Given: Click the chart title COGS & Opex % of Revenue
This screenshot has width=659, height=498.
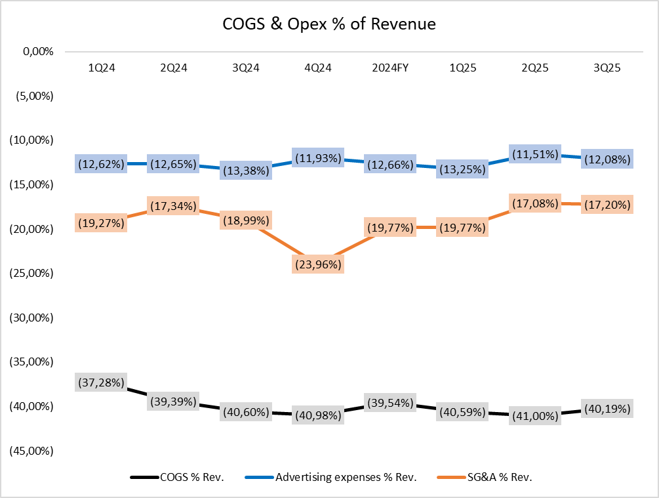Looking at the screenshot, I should [x=329, y=24].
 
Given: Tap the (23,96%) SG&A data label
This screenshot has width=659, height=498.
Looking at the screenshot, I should [x=318, y=264].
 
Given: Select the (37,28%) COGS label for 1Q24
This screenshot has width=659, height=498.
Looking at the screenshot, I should [x=100, y=382].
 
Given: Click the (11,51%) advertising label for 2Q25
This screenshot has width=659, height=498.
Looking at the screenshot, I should [x=535, y=155].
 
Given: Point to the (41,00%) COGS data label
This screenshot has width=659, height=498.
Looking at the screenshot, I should [x=535, y=416].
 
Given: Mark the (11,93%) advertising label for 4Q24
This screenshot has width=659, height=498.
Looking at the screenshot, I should [x=318, y=158].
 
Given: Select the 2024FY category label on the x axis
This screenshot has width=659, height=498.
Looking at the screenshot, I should [x=390, y=68].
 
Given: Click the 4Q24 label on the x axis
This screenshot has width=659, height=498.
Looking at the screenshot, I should [x=318, y=68].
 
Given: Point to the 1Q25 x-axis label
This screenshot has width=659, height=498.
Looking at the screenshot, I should [x=463, y=68].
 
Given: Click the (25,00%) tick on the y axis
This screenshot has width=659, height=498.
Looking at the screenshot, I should [x=33, y=273].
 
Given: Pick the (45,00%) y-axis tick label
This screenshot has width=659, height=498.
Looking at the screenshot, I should [x=33, y=451].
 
